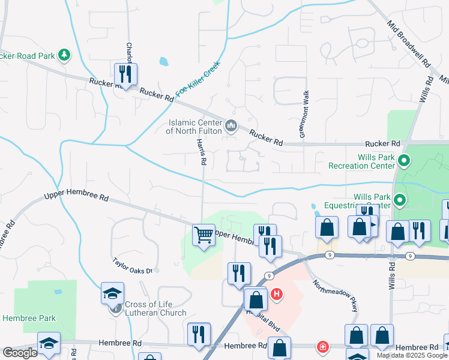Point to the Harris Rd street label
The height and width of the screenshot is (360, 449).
(202, 151)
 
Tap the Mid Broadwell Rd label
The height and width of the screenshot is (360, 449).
(409, 43)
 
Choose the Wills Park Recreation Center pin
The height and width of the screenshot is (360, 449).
(405, 160)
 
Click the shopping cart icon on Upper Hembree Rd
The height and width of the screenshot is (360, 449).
(203, 235)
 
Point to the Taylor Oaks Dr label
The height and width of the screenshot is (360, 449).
(133, 266)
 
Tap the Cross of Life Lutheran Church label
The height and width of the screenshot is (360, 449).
(155, 308)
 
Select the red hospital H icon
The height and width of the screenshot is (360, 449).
(277, 294)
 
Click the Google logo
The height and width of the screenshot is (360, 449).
(20, 353)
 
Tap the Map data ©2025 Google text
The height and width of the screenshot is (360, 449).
(412, 355)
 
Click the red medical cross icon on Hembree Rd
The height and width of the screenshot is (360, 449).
(323, 347)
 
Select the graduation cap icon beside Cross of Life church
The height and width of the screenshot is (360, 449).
(112, 294)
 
